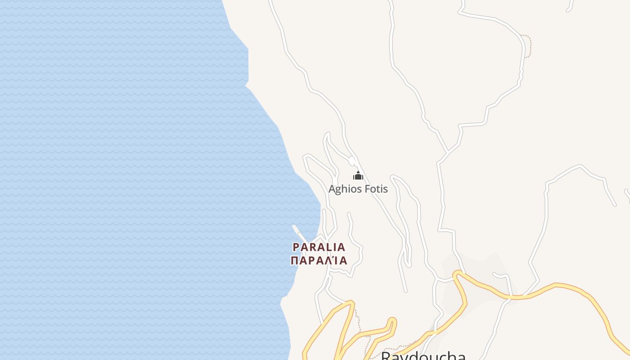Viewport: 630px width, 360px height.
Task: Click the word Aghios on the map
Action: click(x=345, y=189)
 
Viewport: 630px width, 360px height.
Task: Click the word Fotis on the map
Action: click(x=376, y=189)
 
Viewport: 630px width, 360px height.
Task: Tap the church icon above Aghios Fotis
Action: click(x=358, y=176)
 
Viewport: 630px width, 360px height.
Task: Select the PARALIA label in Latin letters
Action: click(x=319, y=247)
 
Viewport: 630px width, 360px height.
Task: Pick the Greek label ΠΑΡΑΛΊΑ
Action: click(x=319, y=261)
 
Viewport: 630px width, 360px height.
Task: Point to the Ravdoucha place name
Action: click(x=423, y=355)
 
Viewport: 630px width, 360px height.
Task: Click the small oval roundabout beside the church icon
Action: click(x=352, y=161)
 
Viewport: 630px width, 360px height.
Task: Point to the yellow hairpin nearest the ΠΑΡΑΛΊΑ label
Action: click(x=351, y=304)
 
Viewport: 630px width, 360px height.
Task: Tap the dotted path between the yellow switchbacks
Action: click(x=358, y=324)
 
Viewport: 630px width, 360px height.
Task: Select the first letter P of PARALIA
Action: click(x=296, y=247)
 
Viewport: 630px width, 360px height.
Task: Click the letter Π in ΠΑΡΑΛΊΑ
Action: click(x=295, y=261)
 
